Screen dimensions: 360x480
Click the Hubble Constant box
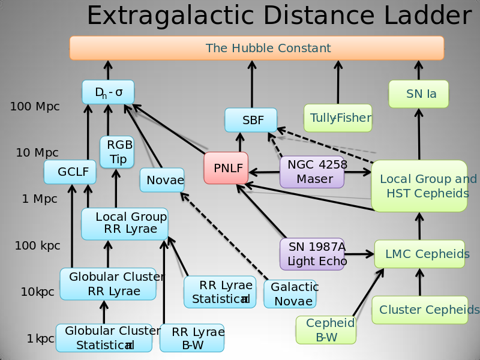pyautogui.click(x=256, y=48)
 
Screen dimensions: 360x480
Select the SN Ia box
pyautogui.click(x=419, y=94)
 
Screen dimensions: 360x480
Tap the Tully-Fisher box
pyautogui.click(x=338, y=118)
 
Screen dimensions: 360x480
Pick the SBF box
pyautogui.click(x=251, y=120)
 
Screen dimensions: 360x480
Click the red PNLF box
pyautogui.click(x=226, y=168)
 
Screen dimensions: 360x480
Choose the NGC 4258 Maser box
pyautogui.click(x=311, y=172)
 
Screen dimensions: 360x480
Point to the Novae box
pyautogui.click(x=162, y=180)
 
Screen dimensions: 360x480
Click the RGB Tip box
pyautogui.click(x=116, y=152)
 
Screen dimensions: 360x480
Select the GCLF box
pyautogui.click(x=70, y=172)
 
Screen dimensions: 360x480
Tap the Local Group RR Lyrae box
pyautogui.click(x=125, y=223)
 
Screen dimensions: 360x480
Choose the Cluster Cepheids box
pyautogui.click(x=420, y=310)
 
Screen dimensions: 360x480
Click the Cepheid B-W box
pyautogui.click(x=326, y=330)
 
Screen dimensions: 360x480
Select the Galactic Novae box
pyautogui.click(x=290, y=294)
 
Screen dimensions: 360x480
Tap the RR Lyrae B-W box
pyautogui.click(x=192, y=338)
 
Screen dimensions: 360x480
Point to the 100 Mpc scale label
pyautogui.click(x=35, y=107)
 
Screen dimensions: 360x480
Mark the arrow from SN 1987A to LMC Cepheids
pyautogui.click(x=359, y=254)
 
